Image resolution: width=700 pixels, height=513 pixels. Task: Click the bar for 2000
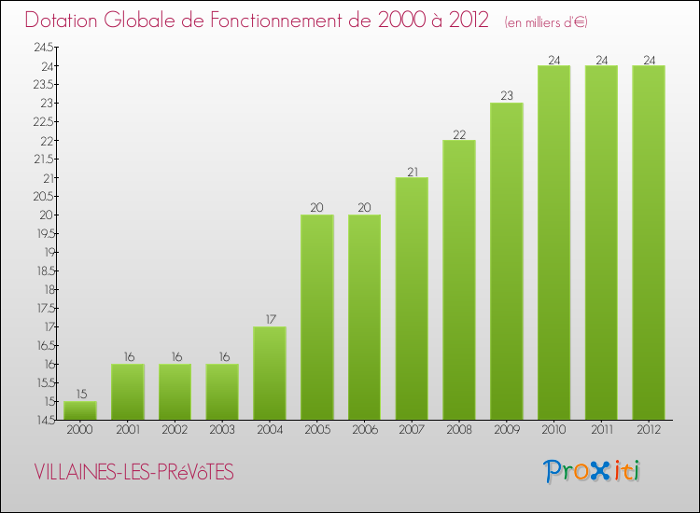pos(79,410)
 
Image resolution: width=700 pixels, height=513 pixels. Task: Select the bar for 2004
pos(270,373)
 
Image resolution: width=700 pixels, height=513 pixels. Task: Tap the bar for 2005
pos(316,317)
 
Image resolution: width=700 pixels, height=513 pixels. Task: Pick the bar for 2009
pos(507,261)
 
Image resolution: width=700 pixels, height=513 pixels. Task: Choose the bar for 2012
pos(649,243)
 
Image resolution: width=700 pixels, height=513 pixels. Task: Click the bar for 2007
pos(412,298)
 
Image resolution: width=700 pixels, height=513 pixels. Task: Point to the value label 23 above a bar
pos(507,95)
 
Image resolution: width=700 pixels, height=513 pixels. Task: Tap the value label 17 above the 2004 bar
pos(270,319)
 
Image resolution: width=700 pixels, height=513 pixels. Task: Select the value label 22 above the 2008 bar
pos(459,132)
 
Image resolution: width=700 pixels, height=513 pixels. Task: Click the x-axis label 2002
pos(175,431)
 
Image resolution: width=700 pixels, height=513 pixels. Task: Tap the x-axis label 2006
pos(364,431)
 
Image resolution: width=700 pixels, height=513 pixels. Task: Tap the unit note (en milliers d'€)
pos(545,21)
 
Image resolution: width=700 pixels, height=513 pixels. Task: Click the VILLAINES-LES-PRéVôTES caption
pos(133,473)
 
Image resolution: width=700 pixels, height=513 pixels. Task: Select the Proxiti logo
pos(592,471)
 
